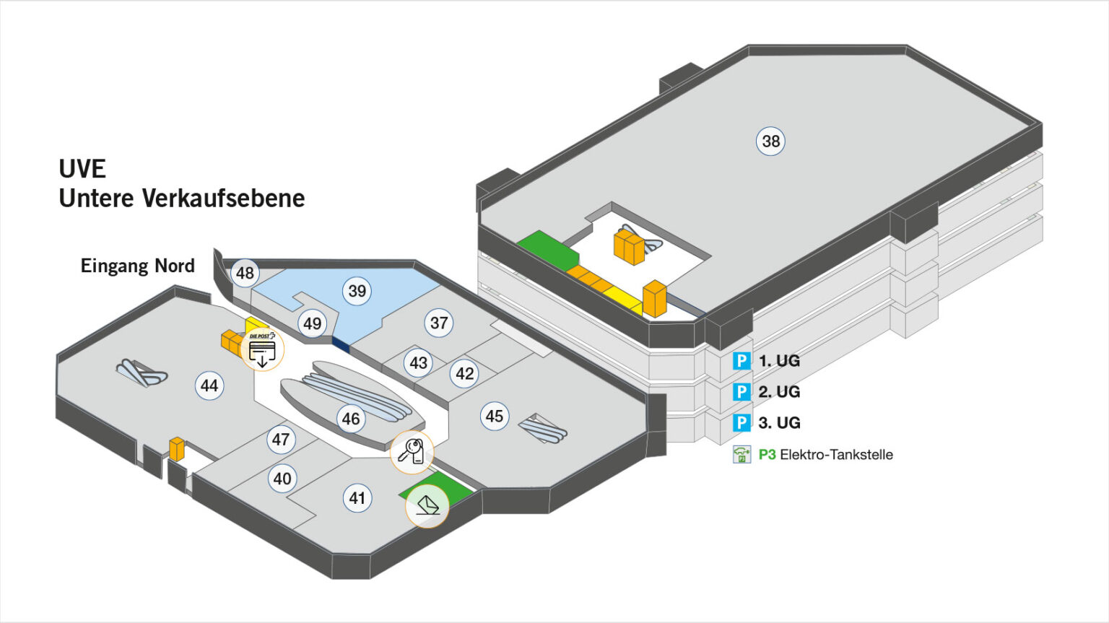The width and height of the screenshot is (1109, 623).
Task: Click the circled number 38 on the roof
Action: click(771, 141)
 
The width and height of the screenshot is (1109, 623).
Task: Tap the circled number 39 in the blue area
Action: click(357, 291)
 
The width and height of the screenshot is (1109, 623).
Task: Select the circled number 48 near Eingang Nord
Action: click(245, 273)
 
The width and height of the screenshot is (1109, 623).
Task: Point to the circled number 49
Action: click(312, 323)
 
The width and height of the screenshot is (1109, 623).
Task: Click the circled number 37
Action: click(439, 323)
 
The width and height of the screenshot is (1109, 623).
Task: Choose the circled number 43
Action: click(419, 362)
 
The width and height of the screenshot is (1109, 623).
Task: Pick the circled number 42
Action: click(465, 373)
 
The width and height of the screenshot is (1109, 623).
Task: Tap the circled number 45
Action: click(495, 416)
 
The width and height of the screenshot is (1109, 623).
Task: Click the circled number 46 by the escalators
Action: click(351, 419)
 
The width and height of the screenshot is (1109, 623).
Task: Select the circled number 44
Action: click(209, 385)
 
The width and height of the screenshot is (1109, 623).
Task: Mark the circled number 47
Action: click(281, 439)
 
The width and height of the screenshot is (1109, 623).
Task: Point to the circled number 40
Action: click(282, 478)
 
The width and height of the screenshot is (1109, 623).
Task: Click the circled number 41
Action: click(357, 497)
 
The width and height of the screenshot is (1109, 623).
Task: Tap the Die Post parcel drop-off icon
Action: click(262, 350)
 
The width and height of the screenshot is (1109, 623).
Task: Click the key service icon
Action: click(412, 452)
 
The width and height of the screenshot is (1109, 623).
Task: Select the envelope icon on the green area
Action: click(427, 505)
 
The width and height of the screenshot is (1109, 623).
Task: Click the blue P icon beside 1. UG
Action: click(741, 360)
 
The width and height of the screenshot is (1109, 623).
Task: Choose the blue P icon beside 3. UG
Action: click(741, 422)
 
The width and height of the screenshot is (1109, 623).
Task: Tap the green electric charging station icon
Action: click(741, 455)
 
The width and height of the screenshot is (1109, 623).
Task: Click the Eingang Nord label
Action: click(138, 266)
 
